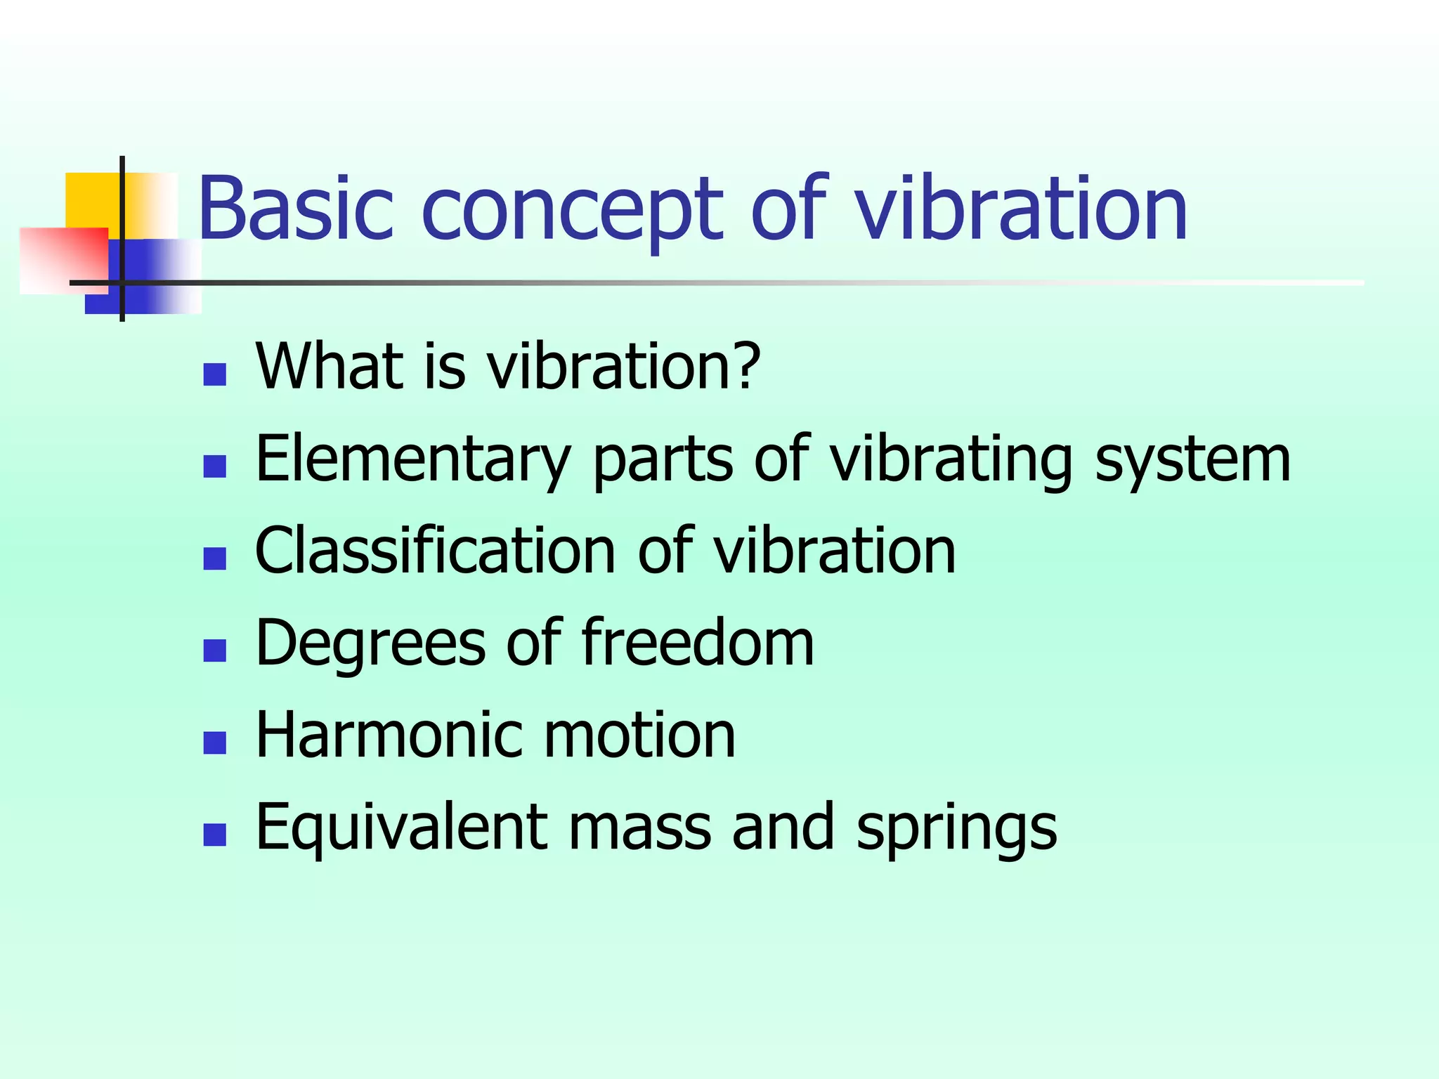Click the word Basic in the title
tap(295, 209)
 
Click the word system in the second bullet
tap(1192, 460)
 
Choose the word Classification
tap(435, 551)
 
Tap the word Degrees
tap(370, 643)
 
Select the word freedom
tap(698, 642)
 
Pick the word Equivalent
tap(401, 828)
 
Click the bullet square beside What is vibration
tap(214, 374)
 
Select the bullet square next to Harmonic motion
tap(214, 743)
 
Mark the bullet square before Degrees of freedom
tap(214, 650)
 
